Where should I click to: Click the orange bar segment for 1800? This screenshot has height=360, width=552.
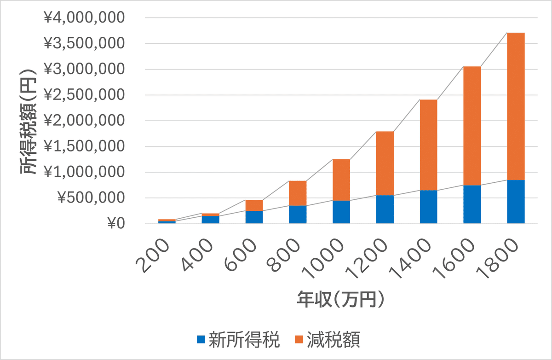pyautogui.click(x=516, y=106)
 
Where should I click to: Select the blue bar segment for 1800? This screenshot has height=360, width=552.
pyautogui.click(x=516, y=202)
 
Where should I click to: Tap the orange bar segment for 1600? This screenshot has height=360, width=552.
pyautogui.click(x=472, y=126)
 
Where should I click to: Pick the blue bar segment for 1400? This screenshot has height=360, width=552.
pyautogui.click(x=428, y=207)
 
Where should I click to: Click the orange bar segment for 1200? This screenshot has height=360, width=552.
pyautogui.click(x=385, y=163)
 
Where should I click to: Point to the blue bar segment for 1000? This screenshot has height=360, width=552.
pyautogui.click(x=341, y=212)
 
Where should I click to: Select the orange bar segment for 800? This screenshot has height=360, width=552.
pyautogui.click(x=298, y=193)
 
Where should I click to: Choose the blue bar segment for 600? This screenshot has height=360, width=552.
pyautogui.click(x=254, y=217)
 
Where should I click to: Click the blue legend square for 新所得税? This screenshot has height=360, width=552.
pyautogui.click(x=201, y=339)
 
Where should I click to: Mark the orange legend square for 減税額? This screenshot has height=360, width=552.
pyautogui.click(x=299, y=339)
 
